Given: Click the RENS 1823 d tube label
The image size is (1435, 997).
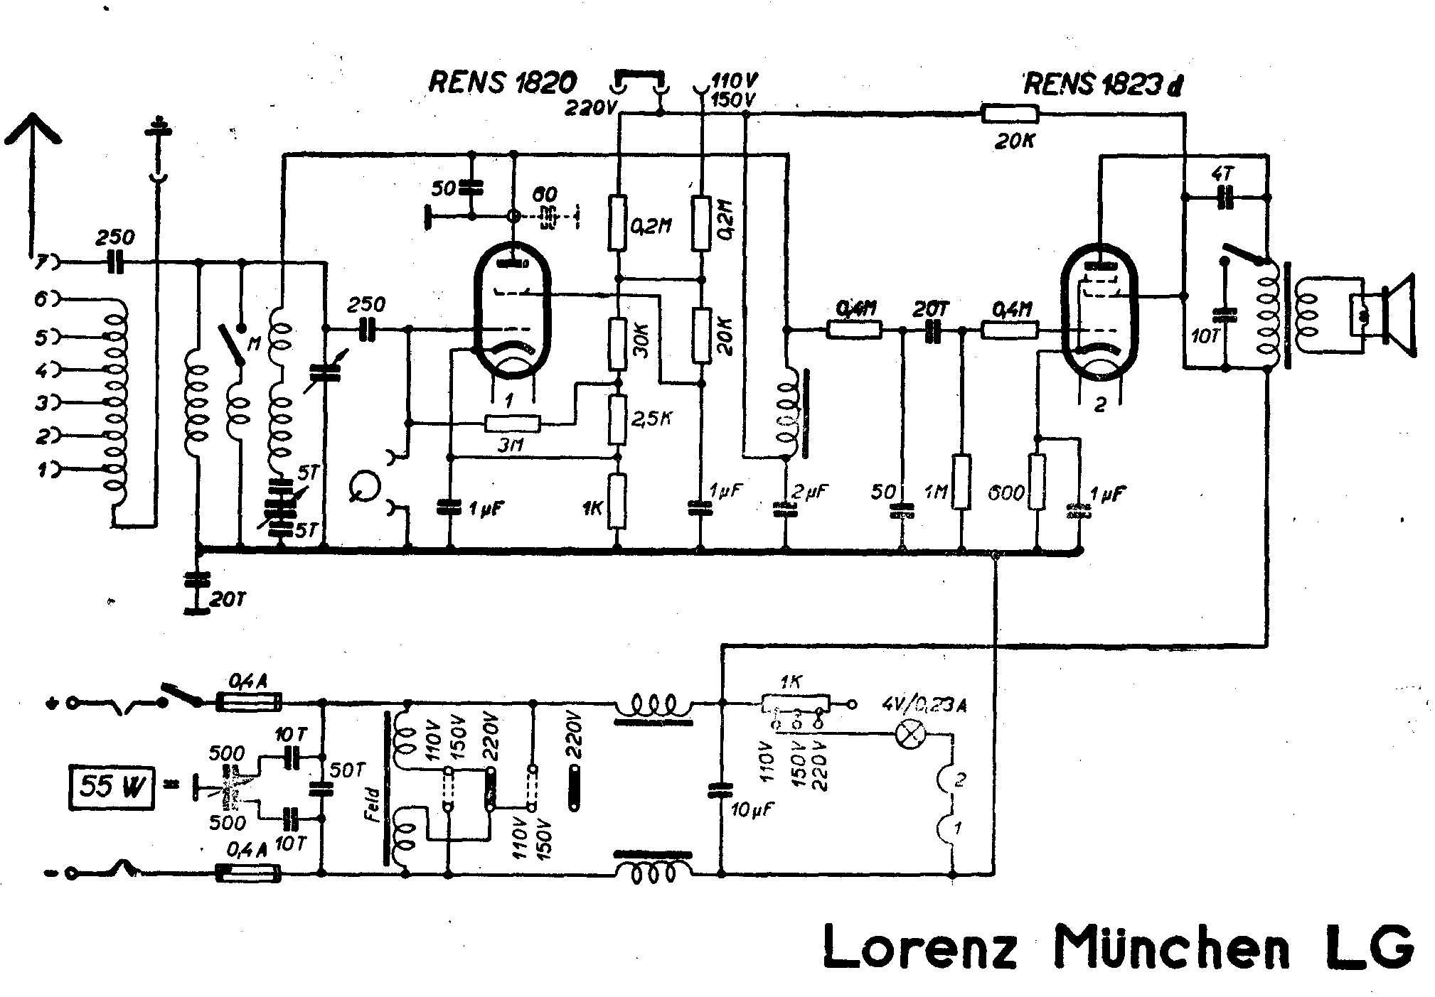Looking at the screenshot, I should [1103, 85].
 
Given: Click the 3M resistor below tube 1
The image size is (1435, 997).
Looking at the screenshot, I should [511, 424].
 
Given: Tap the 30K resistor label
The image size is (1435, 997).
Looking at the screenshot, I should [639, 341].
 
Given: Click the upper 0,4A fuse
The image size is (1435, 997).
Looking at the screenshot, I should [248, 702].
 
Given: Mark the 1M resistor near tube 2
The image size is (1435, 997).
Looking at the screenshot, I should [961, 483].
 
